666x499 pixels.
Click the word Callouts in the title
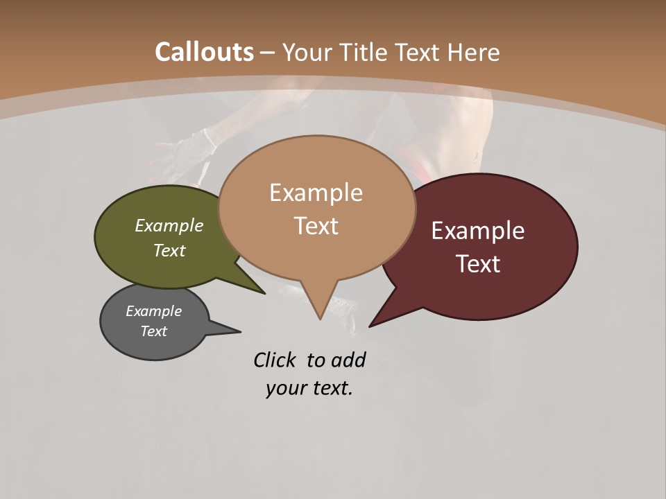coord(204,52)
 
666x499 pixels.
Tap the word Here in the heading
coord(474,52)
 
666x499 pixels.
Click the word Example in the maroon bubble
coord(478,231)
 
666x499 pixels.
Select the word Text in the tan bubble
coord(316,226)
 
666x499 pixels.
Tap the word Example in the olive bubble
coord(169,225)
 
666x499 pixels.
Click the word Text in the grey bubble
coord(154,331)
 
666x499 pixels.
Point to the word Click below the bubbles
coord(274,360)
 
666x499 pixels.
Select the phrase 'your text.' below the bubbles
coord(309,388)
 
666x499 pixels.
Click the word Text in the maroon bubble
coord(479,264)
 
